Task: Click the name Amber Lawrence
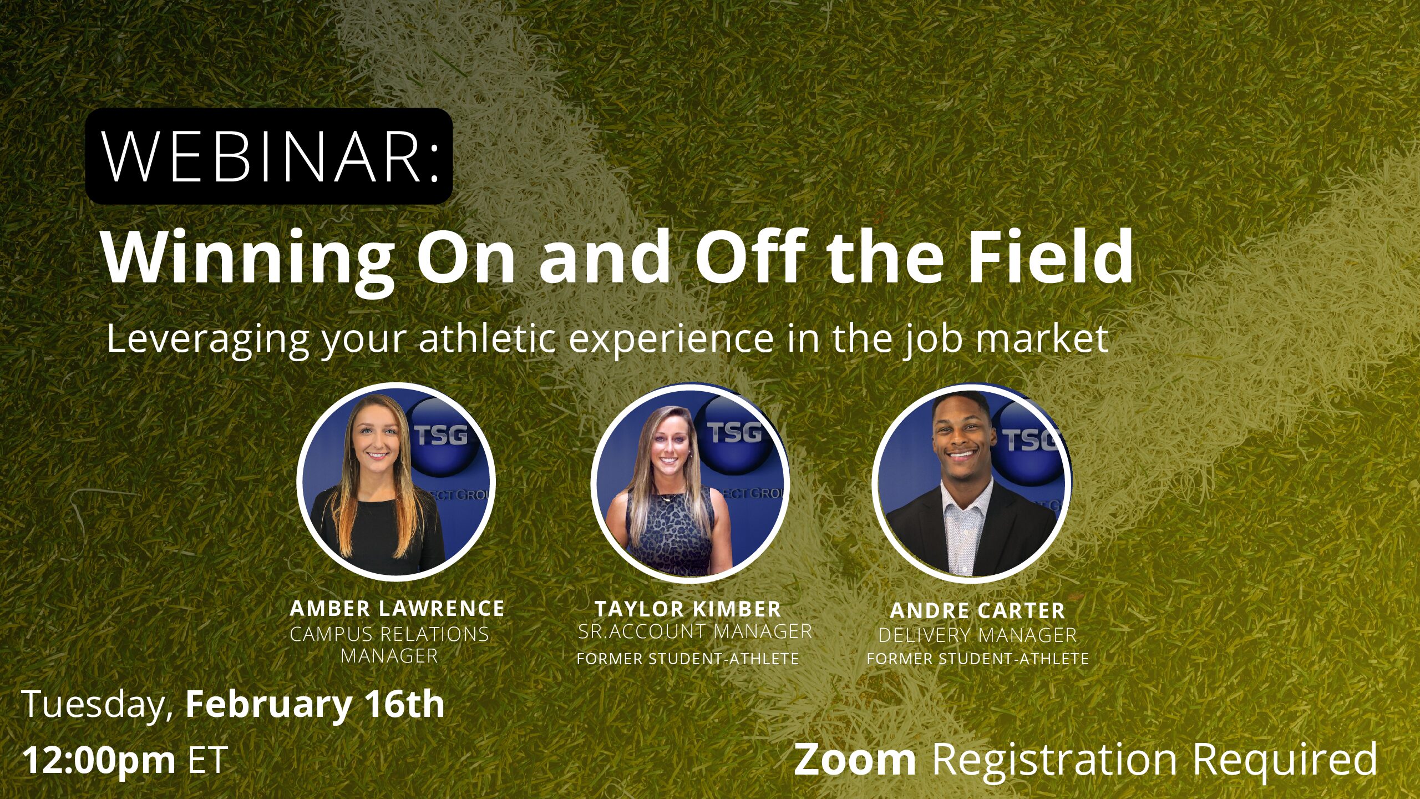pyautogui.click(x=397, y=609)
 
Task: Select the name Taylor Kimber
pyautogui.click(x=688, y=609)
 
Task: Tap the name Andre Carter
pyautogui.click(x=977, y=611)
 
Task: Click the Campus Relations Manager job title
pyautogui.click(x=389, y=645)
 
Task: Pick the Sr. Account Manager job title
pyautogui.click(x=695, y=631)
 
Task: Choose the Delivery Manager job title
pyautogui.click(x=977, y=635)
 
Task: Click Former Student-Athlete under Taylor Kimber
pyautogui.click(x=688, y=659)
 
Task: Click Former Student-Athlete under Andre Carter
pyautogui.click(x=978, y=659)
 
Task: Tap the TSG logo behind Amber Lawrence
pyautogui.click(x=441, y=435)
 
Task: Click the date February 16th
pyautogui.click(x=315, y=705)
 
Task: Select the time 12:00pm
pyautogui.click(x=99, y=760)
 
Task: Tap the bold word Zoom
pyautogui.click(x=855, y=759)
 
